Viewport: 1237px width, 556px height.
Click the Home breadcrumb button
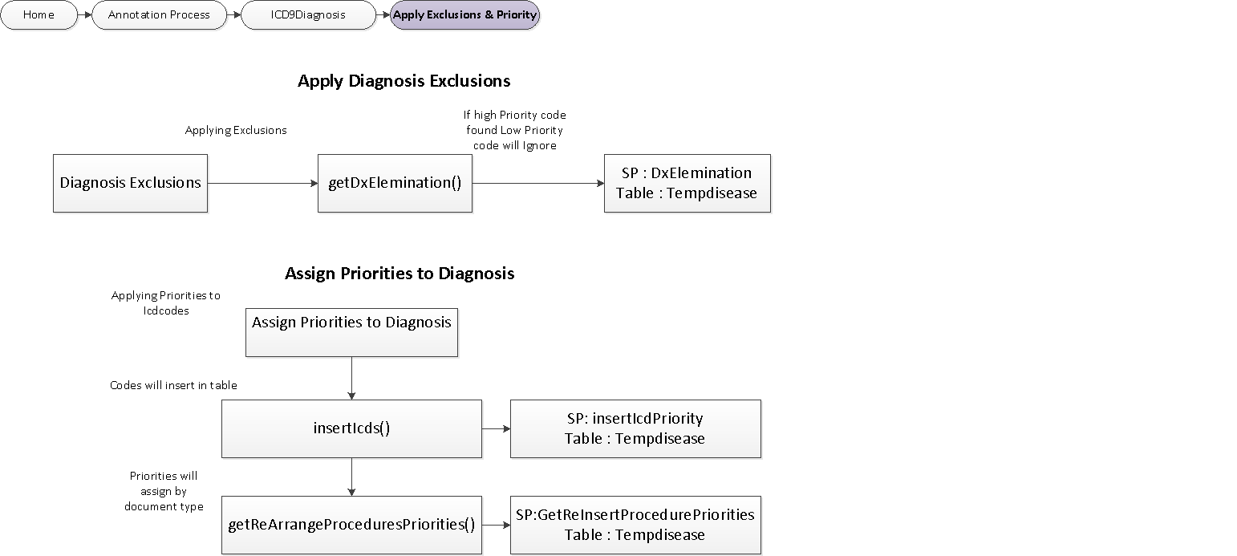coord(39,15)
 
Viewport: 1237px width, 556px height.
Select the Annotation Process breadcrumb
coord(159,15)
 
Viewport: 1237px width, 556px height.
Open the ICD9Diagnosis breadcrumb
coord(308,15)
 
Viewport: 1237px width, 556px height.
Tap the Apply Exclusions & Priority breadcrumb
coord(464,15)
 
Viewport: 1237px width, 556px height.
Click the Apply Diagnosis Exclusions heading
coord(404,81)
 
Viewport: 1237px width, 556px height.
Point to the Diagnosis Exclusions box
coord(130,183)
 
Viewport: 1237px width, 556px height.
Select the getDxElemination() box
coord(395,183)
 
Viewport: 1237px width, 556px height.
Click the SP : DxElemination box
coord(687,183)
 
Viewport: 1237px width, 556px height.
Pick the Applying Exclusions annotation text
coord(236,130)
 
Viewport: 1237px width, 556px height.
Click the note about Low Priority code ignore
coord(514,130)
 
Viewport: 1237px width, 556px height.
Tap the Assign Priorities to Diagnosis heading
coord(399,274)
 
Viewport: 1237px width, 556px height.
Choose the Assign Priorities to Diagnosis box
coord(351,331)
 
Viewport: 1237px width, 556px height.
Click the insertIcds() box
coord(351,428)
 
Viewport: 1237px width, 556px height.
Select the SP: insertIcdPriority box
coord(635,428)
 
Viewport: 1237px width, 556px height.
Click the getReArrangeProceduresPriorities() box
coord(351,525)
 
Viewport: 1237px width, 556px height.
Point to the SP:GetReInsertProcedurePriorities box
coord(635,525)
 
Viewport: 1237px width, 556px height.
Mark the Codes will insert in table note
coord(173,385)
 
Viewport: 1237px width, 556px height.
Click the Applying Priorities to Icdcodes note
coord(165,303)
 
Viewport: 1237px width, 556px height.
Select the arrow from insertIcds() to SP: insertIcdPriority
coord(496,428)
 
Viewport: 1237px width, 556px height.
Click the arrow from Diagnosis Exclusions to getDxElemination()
coord(262,184)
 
